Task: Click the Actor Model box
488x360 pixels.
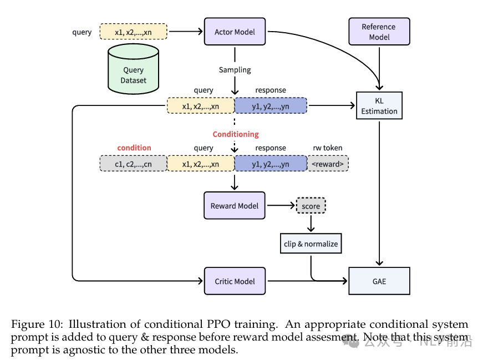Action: [x=235, y=32]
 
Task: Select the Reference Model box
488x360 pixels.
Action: [x=379, y=32]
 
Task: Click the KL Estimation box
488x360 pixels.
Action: [x=379, y=106]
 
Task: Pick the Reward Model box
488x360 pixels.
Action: [x=235, y=206]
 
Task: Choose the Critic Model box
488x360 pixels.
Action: [x=235, y=281]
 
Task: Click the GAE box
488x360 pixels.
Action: [x=379, y=281]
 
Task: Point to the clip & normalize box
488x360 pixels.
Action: [x=311, y=244]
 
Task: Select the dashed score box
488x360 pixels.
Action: [x=311, y=206]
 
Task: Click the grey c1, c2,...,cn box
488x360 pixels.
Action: [x=133, y=164]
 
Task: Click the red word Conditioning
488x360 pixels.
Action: [x=236, y=134]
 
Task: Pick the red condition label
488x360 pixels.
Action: [x=134, y=148]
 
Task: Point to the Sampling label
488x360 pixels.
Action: [x=235, y=70]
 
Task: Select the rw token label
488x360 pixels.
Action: [x=328, y=148]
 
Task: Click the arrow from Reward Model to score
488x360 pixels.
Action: [x=281, y=206]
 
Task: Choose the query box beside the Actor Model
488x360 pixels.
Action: [x=133, y=32]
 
